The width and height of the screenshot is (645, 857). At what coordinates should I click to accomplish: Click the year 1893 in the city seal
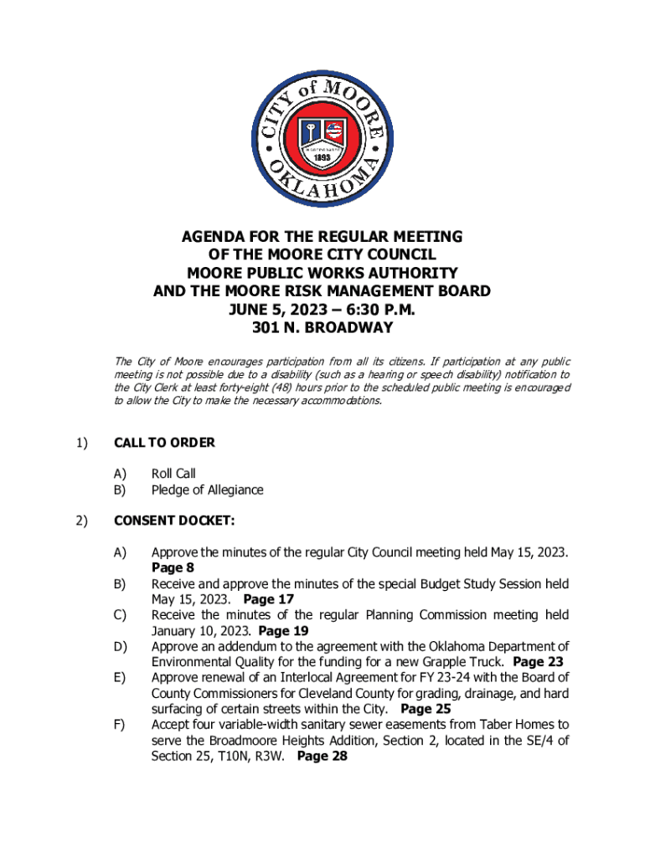[x=323, y=157]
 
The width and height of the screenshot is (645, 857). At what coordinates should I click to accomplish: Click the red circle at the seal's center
[x=323, y=136]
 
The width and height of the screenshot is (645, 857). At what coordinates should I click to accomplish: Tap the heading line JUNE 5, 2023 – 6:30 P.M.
[x=322, y=310]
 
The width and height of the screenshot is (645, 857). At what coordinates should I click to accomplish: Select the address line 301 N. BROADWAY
[x=322, y=327]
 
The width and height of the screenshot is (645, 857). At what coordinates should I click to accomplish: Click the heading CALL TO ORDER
[x=164, y=443]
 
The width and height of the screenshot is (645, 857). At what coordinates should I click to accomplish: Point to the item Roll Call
[x=173, y=474]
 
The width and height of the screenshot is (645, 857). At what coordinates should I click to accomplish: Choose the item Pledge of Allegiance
[x=207, y=490]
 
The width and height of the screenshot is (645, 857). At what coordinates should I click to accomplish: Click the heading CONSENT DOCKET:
[x=174, y=521]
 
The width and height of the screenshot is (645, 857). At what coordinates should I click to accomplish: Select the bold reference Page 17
[x=269, y=599]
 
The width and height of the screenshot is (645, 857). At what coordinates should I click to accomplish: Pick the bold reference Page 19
[x=284, y=631]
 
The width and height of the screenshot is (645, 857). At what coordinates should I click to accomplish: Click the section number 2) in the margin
[x=82, y=521]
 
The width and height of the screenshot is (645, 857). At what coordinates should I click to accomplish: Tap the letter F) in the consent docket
[x=119, y=725]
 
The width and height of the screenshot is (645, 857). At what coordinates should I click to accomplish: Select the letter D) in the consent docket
[x=120, y=646]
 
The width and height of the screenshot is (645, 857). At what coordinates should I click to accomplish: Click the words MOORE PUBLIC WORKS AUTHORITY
[x=322, y=273]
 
